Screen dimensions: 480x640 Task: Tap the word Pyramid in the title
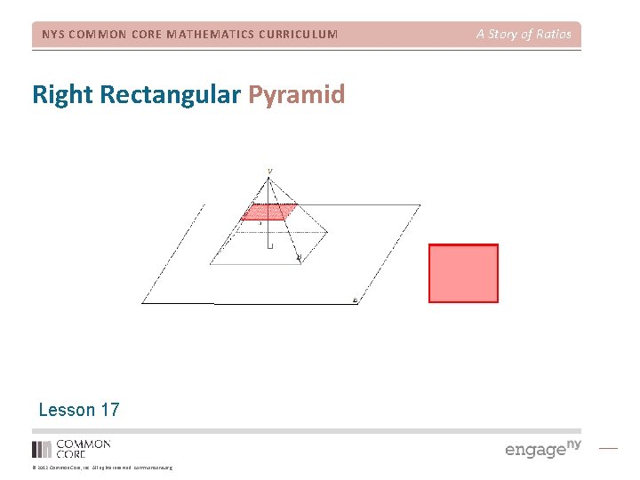tap(297, 95)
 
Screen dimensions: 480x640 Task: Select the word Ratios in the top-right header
tap(552, 35)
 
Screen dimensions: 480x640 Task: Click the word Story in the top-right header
tap(503, 35)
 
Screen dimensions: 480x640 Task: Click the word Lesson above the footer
tap(67, 410)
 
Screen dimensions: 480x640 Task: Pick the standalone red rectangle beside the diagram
tap(463, 274)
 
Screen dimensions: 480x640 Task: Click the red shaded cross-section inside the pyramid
tap(269, 212)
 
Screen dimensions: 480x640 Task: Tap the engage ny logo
tap(542, 448)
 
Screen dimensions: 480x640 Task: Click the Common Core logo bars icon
tap(42, 449)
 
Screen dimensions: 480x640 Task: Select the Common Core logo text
tap(84, 449)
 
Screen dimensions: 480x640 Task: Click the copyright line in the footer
tap(102, 468)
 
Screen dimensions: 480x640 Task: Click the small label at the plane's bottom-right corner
tap(356, 300)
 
